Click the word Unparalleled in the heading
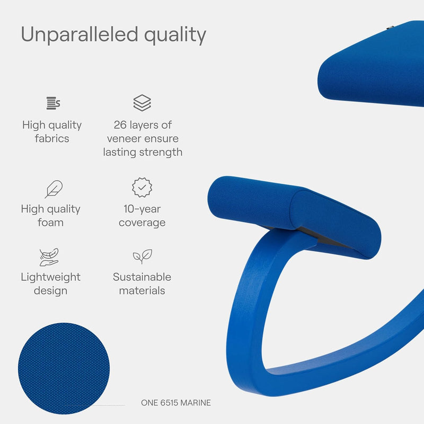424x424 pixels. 79,34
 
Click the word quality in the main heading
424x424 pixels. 175,36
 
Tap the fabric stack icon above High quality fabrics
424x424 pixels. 53,103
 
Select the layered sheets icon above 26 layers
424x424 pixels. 142,103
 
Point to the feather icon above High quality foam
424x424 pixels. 54,189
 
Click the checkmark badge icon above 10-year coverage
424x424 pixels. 142,188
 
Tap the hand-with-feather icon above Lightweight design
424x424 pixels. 49,257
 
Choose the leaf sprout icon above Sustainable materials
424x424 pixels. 143,257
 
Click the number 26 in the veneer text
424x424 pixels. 120,125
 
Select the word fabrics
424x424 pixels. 52,138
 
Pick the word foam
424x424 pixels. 50,223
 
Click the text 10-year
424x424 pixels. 142,209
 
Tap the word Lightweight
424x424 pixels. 50,277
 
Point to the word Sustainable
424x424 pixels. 142,277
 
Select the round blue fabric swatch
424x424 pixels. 64,368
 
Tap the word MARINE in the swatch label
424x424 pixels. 196,403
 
